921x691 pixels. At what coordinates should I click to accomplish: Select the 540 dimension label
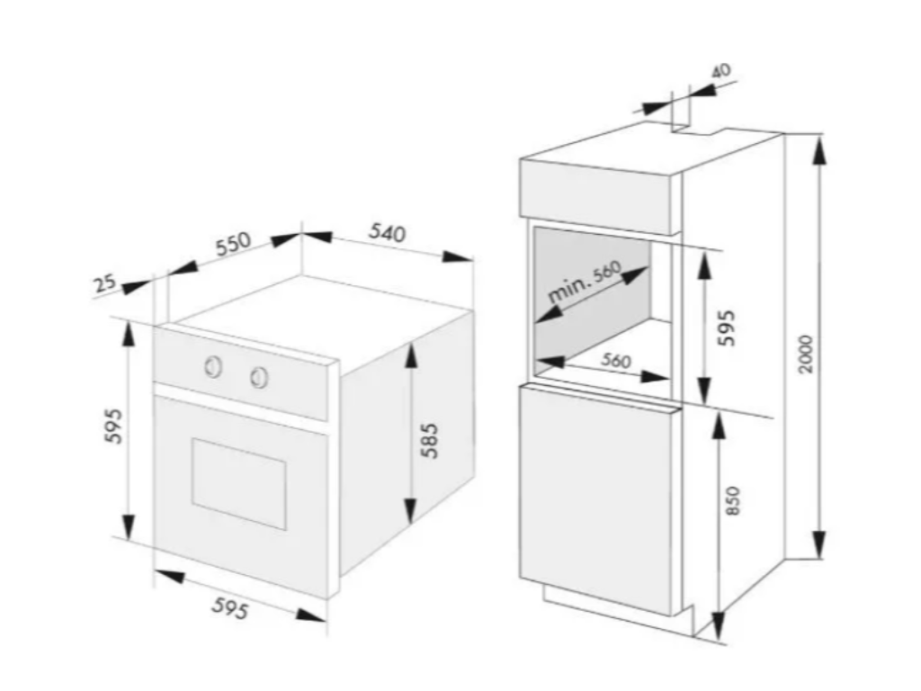tap(387, 233)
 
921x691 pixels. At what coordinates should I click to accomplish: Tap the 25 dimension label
tap(105, 283)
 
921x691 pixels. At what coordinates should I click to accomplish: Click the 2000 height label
tap(806, 354)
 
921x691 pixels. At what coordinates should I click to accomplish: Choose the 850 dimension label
tap(733, 500)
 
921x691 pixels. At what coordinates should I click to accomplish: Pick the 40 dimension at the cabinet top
tap(720, 69)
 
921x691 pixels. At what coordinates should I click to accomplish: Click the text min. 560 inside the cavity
tap(586, 282)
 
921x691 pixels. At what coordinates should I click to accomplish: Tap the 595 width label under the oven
tap(229, 609)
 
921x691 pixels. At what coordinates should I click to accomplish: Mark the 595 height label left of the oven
tap(113, 426)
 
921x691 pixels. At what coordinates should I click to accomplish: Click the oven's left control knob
tap(214, 365)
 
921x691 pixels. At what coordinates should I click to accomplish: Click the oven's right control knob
tap(259, 377)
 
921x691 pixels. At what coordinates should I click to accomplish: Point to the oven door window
tap(238, 482)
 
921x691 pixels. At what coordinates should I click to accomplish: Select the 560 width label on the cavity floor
tap(616, 360)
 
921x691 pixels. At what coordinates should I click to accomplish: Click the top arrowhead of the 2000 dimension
tap(818, 149)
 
